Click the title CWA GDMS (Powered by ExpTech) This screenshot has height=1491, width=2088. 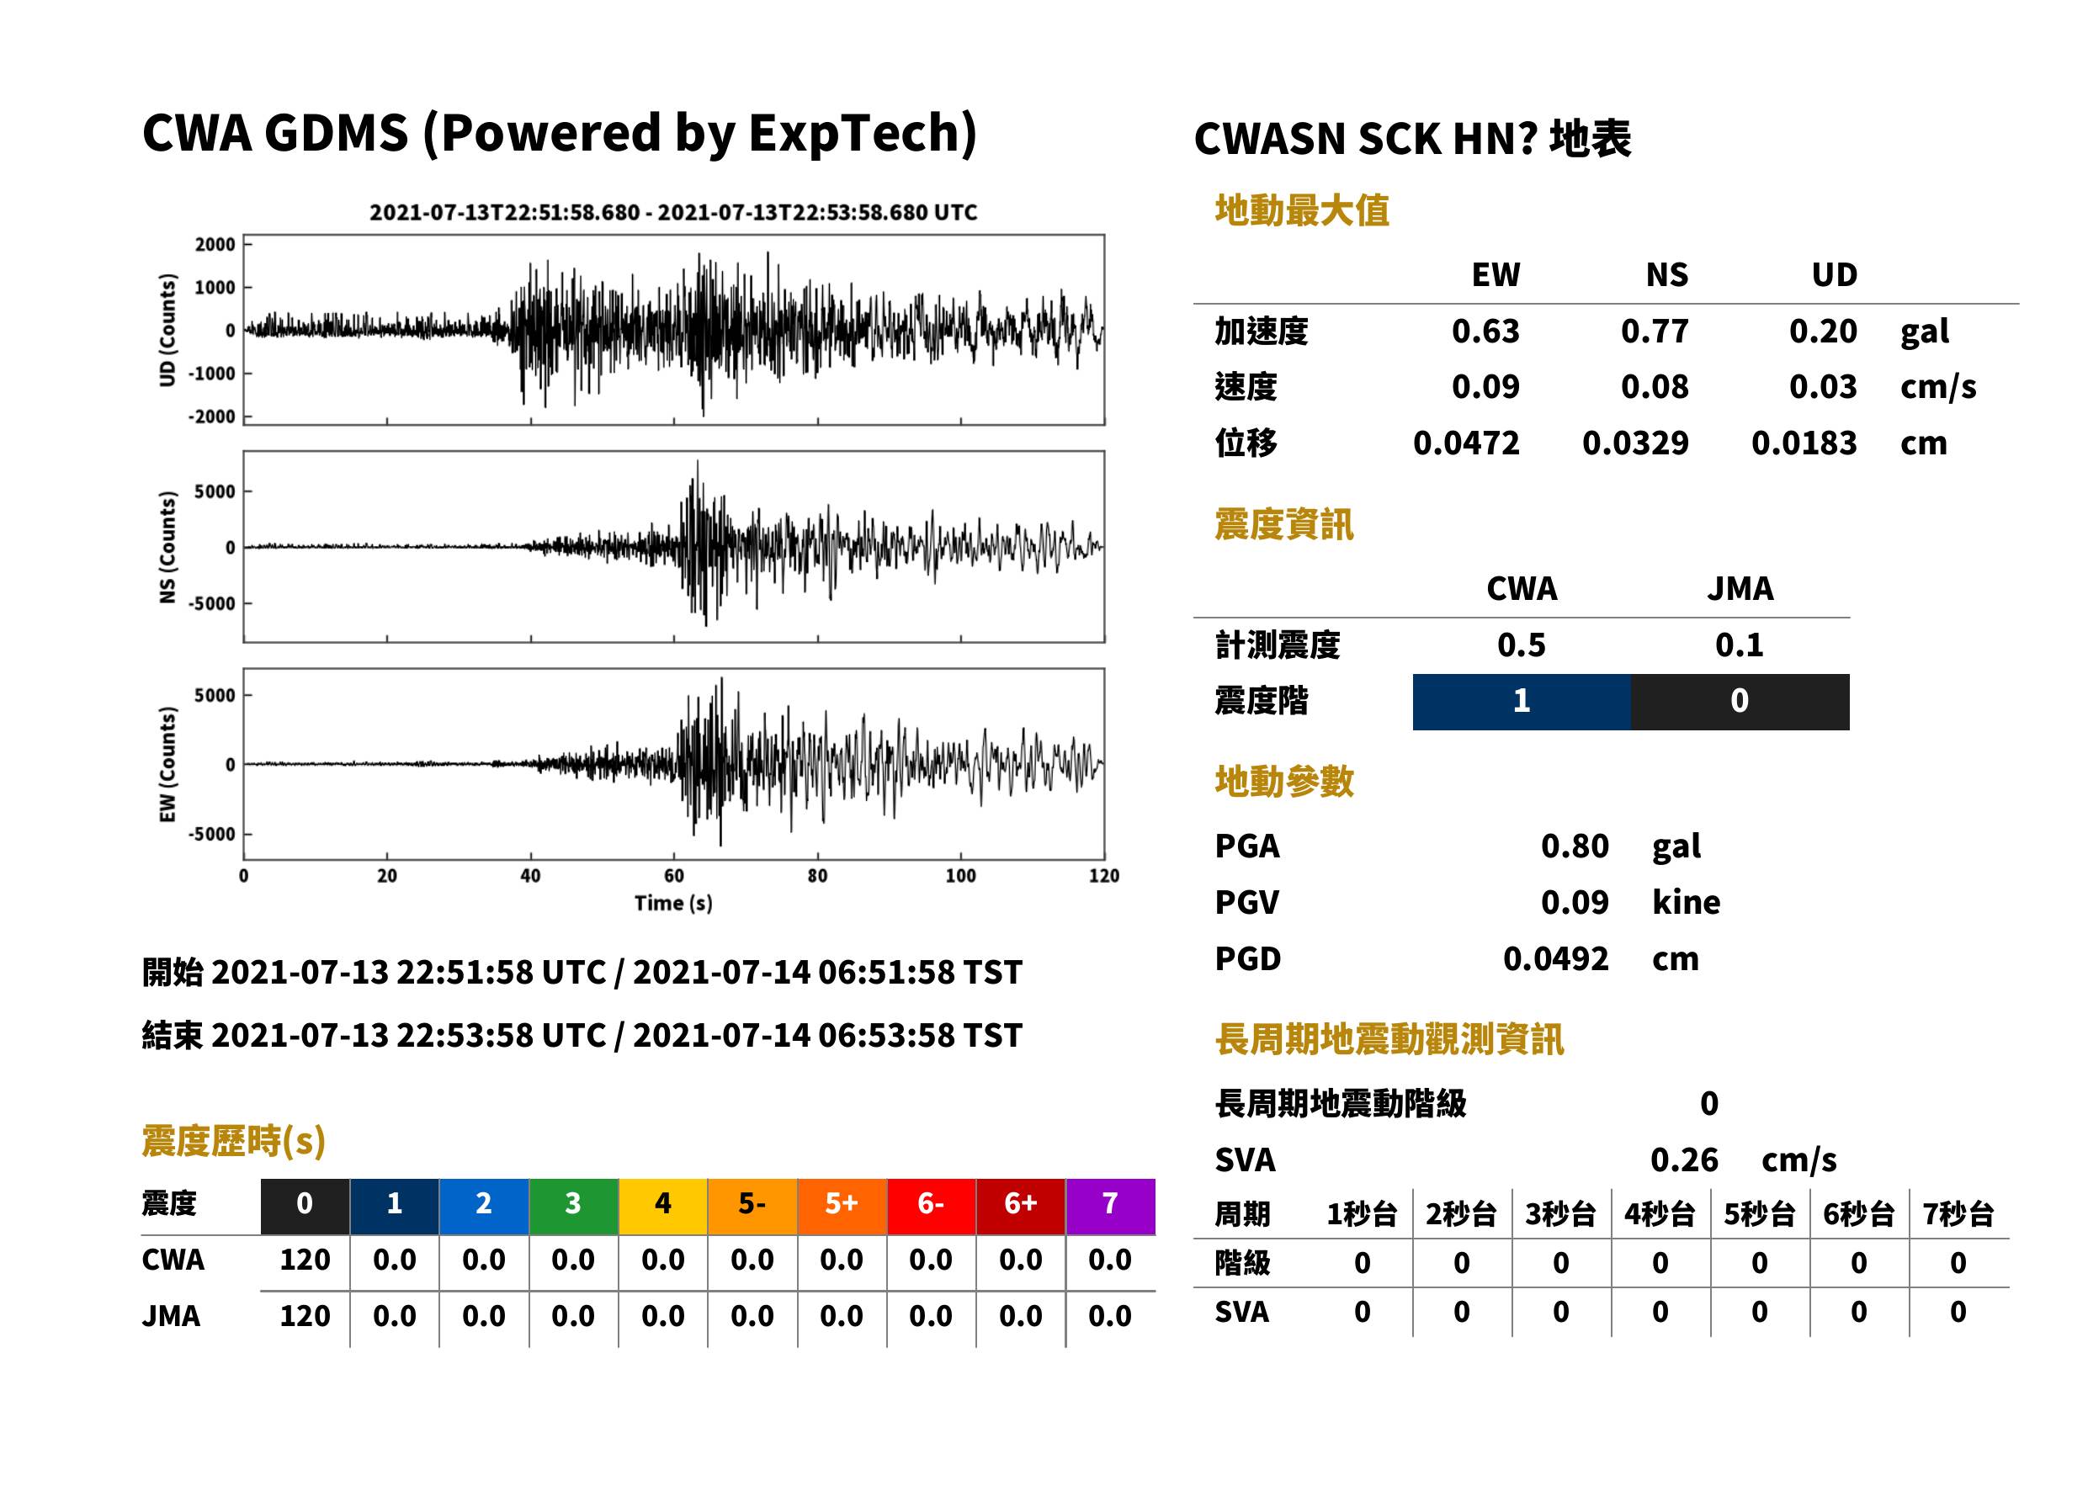tap(559, 134)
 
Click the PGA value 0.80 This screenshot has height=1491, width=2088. tap(1575, 846)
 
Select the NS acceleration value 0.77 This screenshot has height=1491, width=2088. tap(1655, 332)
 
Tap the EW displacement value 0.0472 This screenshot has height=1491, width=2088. tap(1466, 443)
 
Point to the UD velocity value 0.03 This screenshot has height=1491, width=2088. tap(1823, 386)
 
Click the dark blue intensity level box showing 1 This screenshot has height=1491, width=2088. tap(1522, 703)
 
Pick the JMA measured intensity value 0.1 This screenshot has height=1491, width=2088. tap(1739, 645)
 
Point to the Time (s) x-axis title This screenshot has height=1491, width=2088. tap(673, 904)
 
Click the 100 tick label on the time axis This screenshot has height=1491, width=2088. tap(960, 876)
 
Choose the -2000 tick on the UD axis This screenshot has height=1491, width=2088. tap(212, 417)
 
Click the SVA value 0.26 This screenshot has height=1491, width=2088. tap(1684, 1160)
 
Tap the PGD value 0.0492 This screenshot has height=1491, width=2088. tap(1555, 959)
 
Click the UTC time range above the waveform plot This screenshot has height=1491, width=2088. tap(673, 213)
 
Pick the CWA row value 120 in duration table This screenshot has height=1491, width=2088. tap(305, 1260)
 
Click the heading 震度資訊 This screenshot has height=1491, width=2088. tap(1283, 525)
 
